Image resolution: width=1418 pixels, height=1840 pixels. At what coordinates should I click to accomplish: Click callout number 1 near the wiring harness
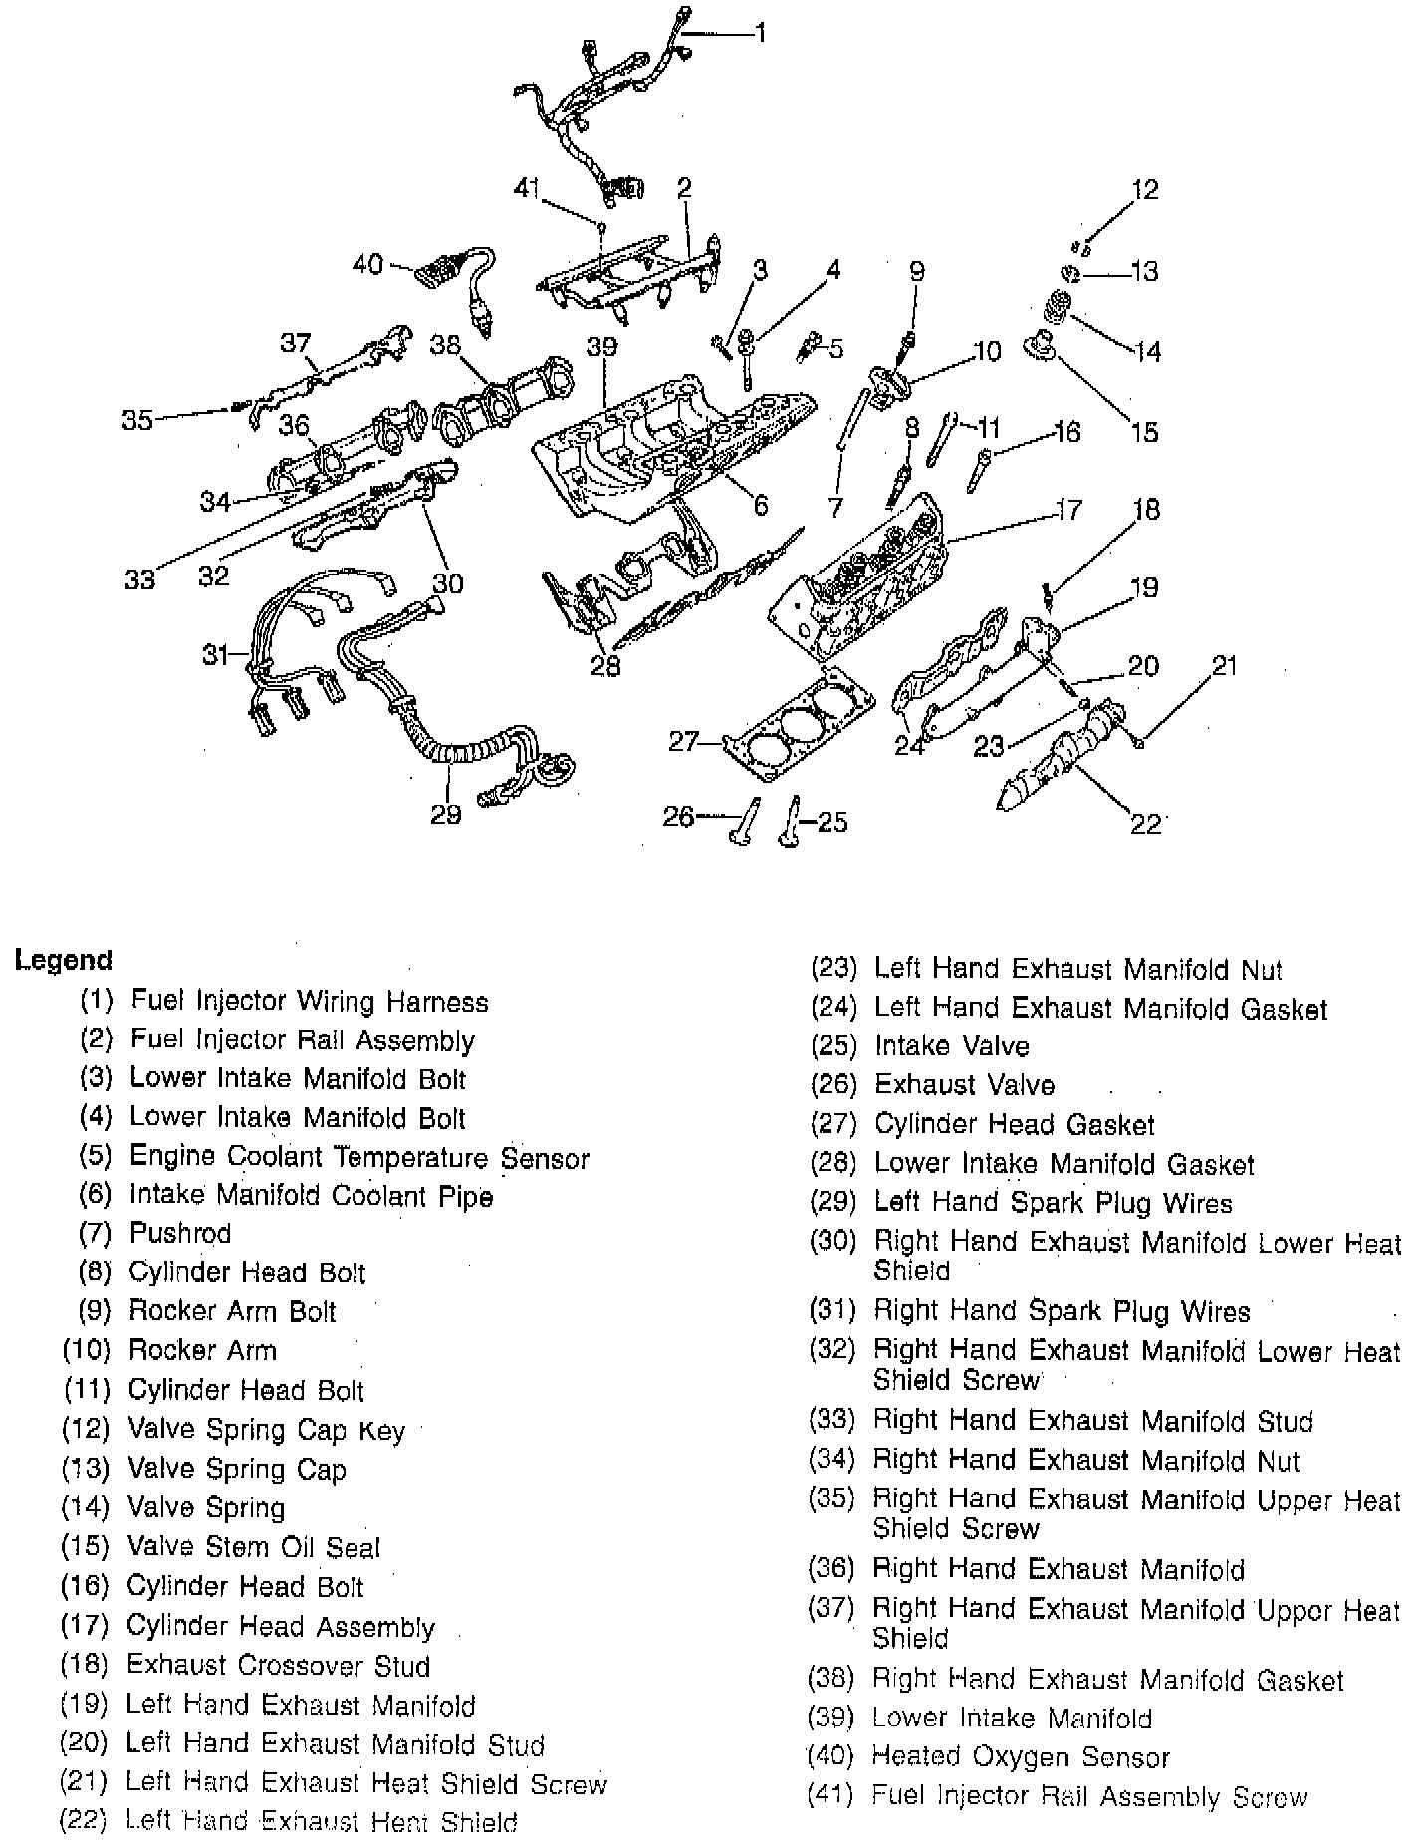pyautogui.click(x=760, y=34)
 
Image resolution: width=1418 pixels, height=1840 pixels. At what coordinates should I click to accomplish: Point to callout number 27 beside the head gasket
pyautogui.click(x=683, y=741)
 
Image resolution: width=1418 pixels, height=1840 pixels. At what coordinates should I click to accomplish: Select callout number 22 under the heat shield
pyautogui.click(x=1146, y=824)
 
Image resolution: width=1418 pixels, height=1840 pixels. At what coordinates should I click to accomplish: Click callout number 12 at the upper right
pyautogui.click(x=1145, y=189)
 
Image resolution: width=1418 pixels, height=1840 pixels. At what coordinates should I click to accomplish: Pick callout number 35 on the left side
pyautogui.click(x=137, y=419)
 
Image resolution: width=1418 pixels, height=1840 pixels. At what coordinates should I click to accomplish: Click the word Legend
pyautogui.click(x=63, y=960)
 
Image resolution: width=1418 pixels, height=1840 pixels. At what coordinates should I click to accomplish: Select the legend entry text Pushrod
pyautogui.click(x=180, y=1234)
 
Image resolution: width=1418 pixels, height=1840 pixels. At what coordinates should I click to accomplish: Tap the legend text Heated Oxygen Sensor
pyautogui.click(x=1021, y=1756)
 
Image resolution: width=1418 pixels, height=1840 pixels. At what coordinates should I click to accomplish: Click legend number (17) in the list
pyautogui.click(x=85, y=1626)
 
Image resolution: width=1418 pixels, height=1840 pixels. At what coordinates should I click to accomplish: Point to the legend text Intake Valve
pyautogui.click(x=952, y=1046)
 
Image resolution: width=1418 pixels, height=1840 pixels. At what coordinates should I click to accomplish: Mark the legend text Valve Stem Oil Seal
pyautogui.click(x=254, y=1547)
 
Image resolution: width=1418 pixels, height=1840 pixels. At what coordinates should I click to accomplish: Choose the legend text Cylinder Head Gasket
pyautogui.click(x=1015, y=1125)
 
